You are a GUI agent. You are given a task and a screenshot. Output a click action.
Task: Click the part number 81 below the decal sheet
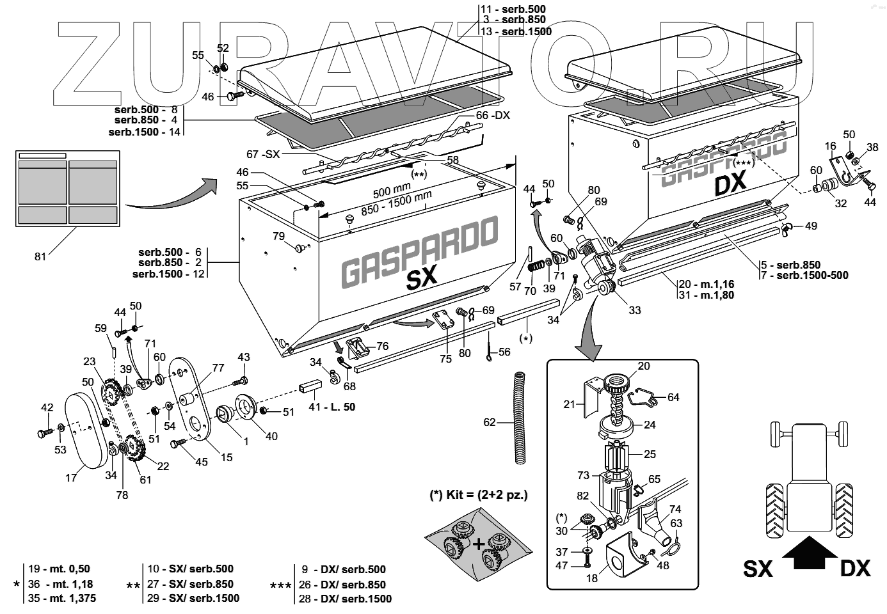coord(40,256)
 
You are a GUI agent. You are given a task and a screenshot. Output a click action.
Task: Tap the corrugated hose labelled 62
coord(520,418)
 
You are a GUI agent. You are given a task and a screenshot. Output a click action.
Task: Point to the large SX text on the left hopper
coord(422,276)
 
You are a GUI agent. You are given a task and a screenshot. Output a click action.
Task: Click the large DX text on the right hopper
coord(731,183)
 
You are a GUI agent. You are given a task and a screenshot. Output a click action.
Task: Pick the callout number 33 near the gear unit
coord(634,310)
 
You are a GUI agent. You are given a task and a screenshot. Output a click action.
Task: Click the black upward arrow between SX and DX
coord(810,553)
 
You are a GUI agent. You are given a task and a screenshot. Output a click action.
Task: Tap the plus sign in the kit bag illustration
coord(479,545)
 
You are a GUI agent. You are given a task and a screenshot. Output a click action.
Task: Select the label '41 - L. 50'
coord(332,407)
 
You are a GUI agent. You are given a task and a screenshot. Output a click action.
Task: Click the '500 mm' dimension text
coord(392,190)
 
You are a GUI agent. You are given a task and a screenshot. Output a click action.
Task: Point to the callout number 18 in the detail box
coord(591,578)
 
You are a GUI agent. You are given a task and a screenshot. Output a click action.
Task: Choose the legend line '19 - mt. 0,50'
coord(59,569)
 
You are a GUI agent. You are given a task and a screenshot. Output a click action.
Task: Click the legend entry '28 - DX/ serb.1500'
coord(346,599)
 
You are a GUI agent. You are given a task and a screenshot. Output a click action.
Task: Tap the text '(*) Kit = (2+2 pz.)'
coord(479,495)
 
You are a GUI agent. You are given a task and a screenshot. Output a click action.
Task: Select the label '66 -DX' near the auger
coord(493,115)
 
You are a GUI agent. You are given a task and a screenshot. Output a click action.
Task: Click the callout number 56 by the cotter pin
coord(504,352)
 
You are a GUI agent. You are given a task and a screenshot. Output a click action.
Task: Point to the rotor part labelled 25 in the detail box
coord(618,457)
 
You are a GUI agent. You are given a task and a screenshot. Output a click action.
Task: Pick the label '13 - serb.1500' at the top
coord(516,31)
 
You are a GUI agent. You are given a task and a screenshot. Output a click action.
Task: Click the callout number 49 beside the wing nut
coord(811,226)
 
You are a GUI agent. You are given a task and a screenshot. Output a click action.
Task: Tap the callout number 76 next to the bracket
coord(382,346)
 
